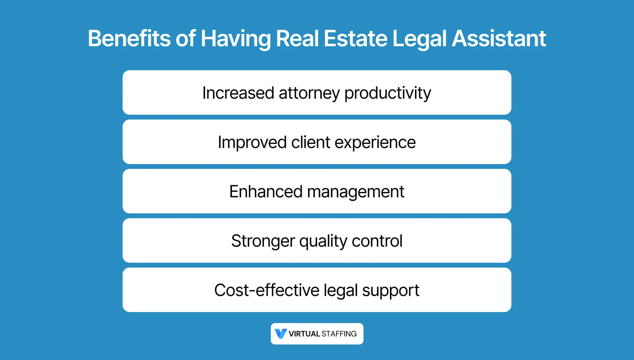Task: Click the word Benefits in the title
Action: tap(129, 38)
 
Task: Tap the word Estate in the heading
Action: tap(355, 38)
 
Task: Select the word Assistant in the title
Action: tap(499, 38)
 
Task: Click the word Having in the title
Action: tap(236, 39)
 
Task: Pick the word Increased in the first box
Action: tap(238, 93)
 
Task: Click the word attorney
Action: tap(309, 93)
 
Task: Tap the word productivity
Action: tap(388, 93)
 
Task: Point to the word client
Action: tap(311, 142)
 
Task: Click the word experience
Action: tap(375, 143)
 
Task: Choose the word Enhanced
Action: tap(266, 192)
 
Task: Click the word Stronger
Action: tap(263, 241)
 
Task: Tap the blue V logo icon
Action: tap(281, 334)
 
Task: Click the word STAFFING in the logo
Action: tap(339, 334)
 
